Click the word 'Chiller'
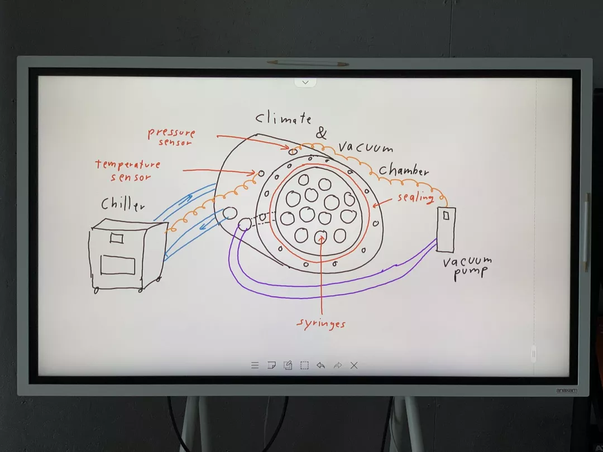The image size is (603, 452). tap(123, 204)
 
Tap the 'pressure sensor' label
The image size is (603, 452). tap(172, 137)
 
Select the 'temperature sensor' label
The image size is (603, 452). tap(128, 170)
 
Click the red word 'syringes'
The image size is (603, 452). tap(321, 324)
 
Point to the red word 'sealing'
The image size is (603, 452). tap(415, 197)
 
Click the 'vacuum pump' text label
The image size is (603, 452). tap(467, 268)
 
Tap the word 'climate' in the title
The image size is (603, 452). tap(284, 118)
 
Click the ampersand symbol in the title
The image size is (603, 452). tap(321, 133)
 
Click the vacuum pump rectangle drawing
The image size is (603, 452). tap(446, 229)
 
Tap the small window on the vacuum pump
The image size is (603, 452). tap(446, 215)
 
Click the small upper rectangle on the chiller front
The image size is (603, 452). tap(117, 238)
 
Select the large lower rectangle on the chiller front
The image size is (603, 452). tap(118, 265)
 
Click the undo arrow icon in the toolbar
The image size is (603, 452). tap(320, 365)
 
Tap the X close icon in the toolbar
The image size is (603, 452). tap(354, 365)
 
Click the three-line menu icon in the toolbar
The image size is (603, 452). tap(255, 365)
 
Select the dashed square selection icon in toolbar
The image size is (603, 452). tap(304, 365)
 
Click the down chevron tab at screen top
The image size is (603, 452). tap(305, 82)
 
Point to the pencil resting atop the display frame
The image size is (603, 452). tap(308, 62)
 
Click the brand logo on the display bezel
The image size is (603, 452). tap(567, 391)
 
